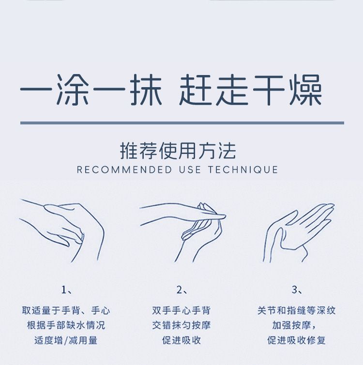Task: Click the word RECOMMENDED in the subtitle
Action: (124, 170)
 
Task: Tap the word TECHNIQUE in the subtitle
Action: (243, 170)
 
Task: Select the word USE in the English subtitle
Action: (190, 170)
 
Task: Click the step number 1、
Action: (67, 290)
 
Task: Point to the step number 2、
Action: (182, 290)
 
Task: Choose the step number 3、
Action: (297, 290)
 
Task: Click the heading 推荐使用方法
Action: (178, 151)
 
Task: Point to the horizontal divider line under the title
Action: (182, 123)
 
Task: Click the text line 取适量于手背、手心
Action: (66, 310)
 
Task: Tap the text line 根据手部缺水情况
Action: (66, 325)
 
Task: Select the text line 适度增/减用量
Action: (66, 340)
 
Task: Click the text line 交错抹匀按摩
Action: (181, 325)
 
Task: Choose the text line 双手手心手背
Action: (181, 310)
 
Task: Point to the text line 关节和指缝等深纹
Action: (296, 310)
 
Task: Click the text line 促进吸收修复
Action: (296, 340)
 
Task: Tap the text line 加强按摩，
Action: (294, 325)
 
